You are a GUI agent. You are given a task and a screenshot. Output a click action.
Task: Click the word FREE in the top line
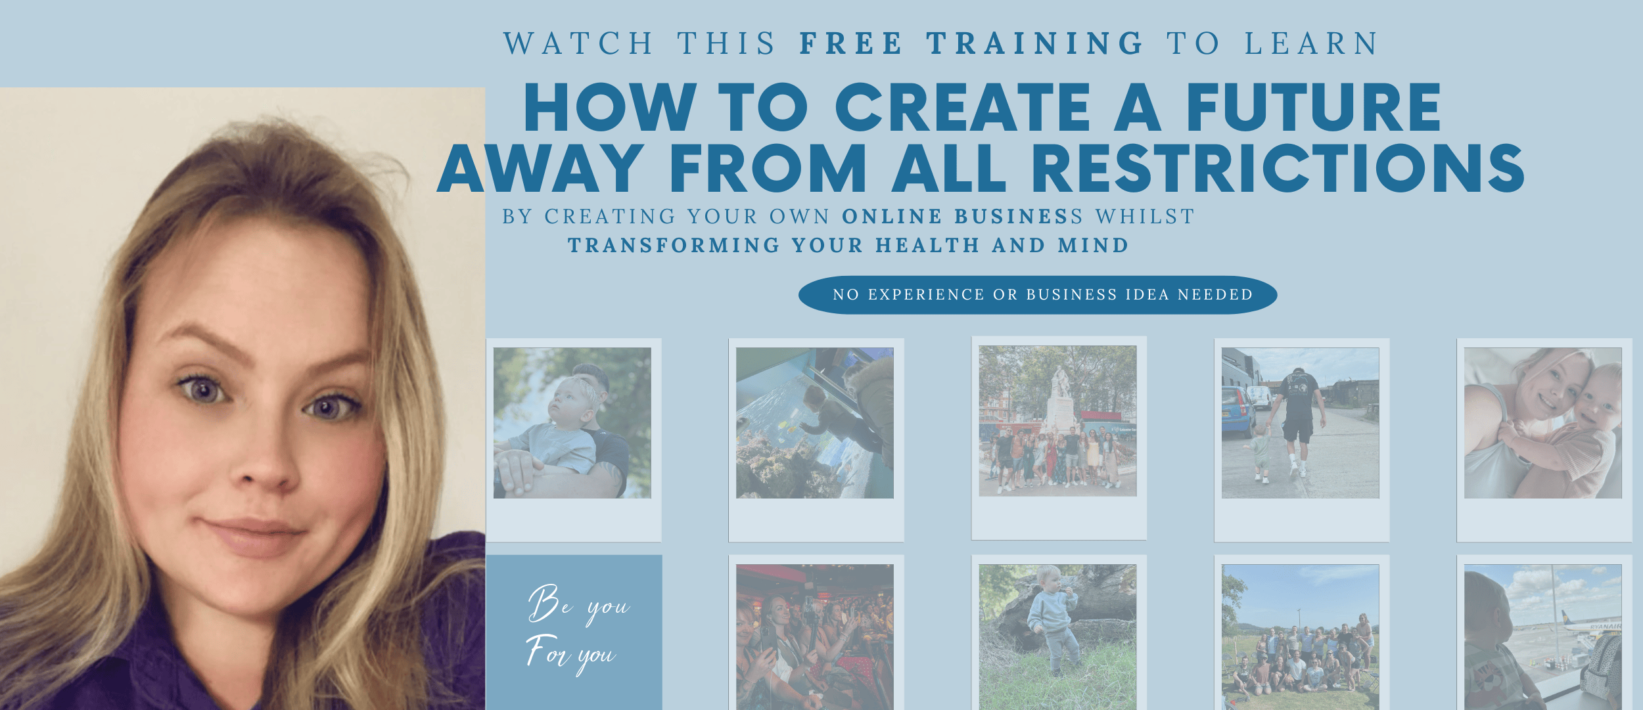851,43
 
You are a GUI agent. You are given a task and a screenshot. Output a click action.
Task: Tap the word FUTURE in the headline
1314,107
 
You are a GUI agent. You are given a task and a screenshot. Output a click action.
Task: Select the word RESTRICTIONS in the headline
1278,168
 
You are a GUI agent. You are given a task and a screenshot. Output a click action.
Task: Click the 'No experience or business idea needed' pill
1038,295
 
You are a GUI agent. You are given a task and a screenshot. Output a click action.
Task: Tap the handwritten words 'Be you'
579,604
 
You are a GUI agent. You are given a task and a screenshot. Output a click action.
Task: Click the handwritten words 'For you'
571,654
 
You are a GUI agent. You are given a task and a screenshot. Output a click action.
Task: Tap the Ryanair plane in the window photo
1590,623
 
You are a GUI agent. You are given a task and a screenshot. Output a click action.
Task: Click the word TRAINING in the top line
1036,43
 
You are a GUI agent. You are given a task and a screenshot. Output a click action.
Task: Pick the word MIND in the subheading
1093,245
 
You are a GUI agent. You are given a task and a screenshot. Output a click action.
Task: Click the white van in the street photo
1259,397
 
